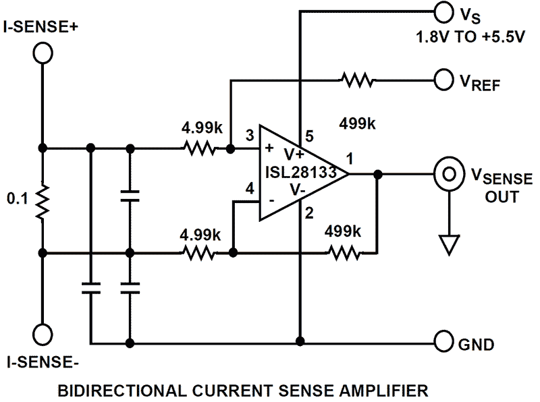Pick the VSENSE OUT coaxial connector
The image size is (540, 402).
tap(446, 174)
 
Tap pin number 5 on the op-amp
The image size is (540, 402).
tap(310, 136)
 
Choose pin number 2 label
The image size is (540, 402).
tap(310, 214)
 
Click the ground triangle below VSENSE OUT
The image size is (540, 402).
tap(446, 243)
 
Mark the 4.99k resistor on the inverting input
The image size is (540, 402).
tap(199, 253)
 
